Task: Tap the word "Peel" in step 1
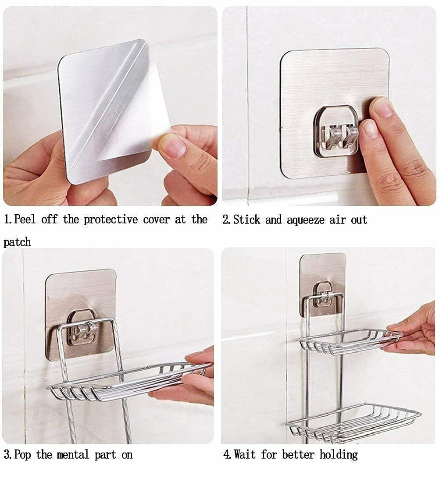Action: point(25,219)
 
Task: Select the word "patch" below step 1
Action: point(17,243)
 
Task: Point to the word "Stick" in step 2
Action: point(247,220)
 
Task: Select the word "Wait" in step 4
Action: point(245,454)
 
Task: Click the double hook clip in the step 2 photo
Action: point(339,135)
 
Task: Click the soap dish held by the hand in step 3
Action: point(129,382)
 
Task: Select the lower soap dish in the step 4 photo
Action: point(353,422)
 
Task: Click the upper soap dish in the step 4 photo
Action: point(351,341)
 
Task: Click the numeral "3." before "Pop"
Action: point(8,455)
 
